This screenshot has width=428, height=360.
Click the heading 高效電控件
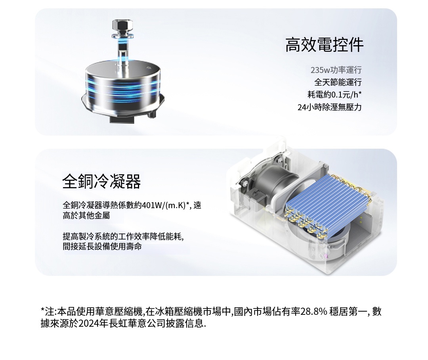click(325, 45)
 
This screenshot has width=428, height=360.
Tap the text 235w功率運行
click(336, 70)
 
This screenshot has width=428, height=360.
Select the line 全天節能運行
click(338, 82)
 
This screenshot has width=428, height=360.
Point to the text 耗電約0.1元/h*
click(334, 95)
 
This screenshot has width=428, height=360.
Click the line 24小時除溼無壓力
click(330, 107)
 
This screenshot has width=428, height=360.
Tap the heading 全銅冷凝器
click(101, 181)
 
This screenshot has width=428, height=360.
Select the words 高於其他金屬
click(86, 216)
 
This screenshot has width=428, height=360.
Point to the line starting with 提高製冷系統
click(123, 236)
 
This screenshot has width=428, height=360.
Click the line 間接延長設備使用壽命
click(102, 246)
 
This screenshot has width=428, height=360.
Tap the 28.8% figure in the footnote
click(313, 311)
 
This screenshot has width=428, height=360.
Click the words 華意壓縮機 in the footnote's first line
click(119, 311)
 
